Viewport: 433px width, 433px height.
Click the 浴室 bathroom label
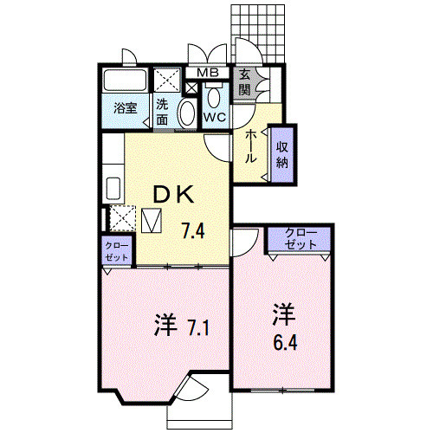point(126,108)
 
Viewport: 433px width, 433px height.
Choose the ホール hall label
point(250,146)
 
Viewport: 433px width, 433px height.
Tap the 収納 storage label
point(281,154)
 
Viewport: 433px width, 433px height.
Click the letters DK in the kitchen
point(172,196)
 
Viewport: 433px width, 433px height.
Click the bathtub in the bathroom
point(126,82)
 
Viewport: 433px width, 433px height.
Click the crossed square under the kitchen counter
point(120,216)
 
